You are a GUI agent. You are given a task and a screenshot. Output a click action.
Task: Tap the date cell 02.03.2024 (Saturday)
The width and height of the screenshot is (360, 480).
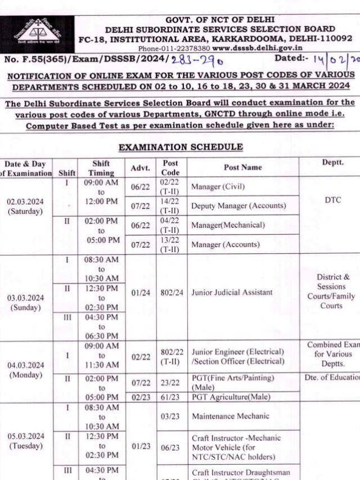(24, 207)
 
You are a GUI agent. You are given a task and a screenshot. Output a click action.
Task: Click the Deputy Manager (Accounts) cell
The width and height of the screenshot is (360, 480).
(238, 206)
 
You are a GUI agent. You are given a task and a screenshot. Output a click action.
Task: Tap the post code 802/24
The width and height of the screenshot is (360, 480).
(169, 293)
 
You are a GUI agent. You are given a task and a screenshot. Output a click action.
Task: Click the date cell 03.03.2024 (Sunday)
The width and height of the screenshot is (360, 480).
(24, 302)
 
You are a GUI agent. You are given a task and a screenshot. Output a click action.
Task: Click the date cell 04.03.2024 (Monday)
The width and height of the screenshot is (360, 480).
(24, 370)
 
